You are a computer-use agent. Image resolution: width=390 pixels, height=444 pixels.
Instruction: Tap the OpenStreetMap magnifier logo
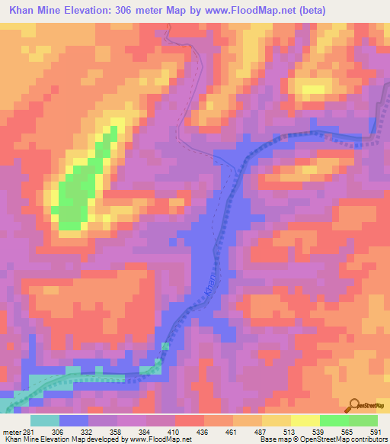point(353,406)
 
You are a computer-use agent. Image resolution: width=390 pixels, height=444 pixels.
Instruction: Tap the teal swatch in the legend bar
point(45,420)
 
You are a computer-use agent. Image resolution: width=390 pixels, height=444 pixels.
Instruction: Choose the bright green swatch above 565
point(334,420)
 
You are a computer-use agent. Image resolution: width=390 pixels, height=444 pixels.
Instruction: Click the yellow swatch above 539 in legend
point(305,420)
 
